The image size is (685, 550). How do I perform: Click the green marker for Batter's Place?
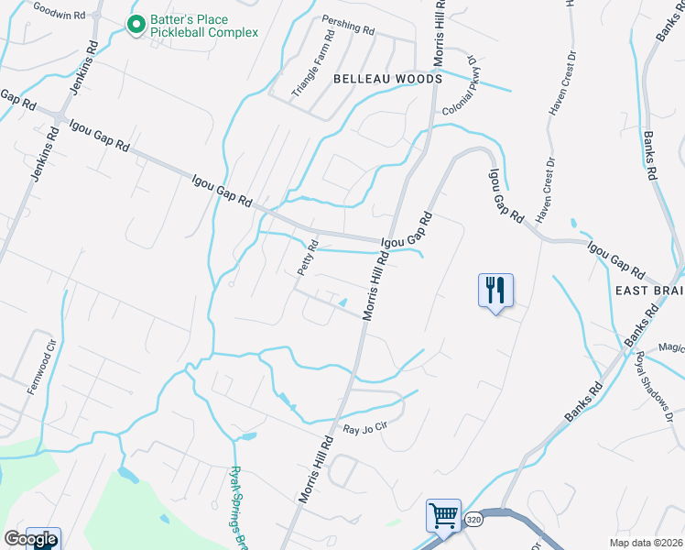tap(136, 25)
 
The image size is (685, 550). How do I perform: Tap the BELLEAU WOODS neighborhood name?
tap(387, 80)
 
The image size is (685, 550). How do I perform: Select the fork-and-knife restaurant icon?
tap(495, 291)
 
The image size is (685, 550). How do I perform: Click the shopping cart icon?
tap(444, 515)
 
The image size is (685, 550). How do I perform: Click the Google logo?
tap(30, 539)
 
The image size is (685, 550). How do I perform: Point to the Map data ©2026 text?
tap(647, 543)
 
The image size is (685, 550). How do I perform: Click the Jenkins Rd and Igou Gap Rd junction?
tap(58, 118)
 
